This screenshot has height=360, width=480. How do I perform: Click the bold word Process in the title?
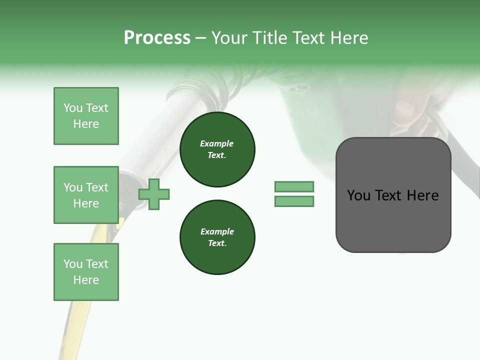157,38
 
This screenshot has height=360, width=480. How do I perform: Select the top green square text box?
86,116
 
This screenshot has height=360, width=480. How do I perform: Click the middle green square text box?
86,195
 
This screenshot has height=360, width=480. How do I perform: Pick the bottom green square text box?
86,272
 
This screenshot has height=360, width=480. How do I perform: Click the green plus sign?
154,193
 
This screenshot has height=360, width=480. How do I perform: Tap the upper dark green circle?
217,149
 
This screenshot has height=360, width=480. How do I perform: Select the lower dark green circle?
217,237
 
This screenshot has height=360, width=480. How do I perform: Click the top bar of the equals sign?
294,187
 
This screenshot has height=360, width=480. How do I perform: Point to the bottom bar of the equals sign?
294,201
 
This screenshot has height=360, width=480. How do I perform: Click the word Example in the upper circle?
216,143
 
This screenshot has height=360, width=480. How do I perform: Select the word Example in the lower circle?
216,231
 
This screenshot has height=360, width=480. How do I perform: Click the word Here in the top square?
86,124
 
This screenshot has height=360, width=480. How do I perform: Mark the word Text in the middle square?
96,187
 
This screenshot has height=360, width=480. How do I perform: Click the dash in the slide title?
201,38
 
